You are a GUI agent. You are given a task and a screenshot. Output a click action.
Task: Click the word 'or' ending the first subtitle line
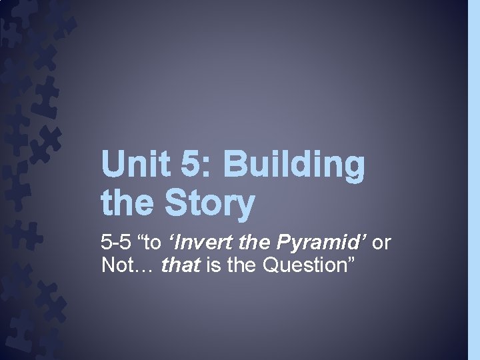381,243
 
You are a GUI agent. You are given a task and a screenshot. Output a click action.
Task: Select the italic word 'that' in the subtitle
181,265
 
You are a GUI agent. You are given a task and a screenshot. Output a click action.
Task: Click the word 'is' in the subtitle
213,265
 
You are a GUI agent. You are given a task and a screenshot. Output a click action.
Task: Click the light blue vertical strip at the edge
474,180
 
